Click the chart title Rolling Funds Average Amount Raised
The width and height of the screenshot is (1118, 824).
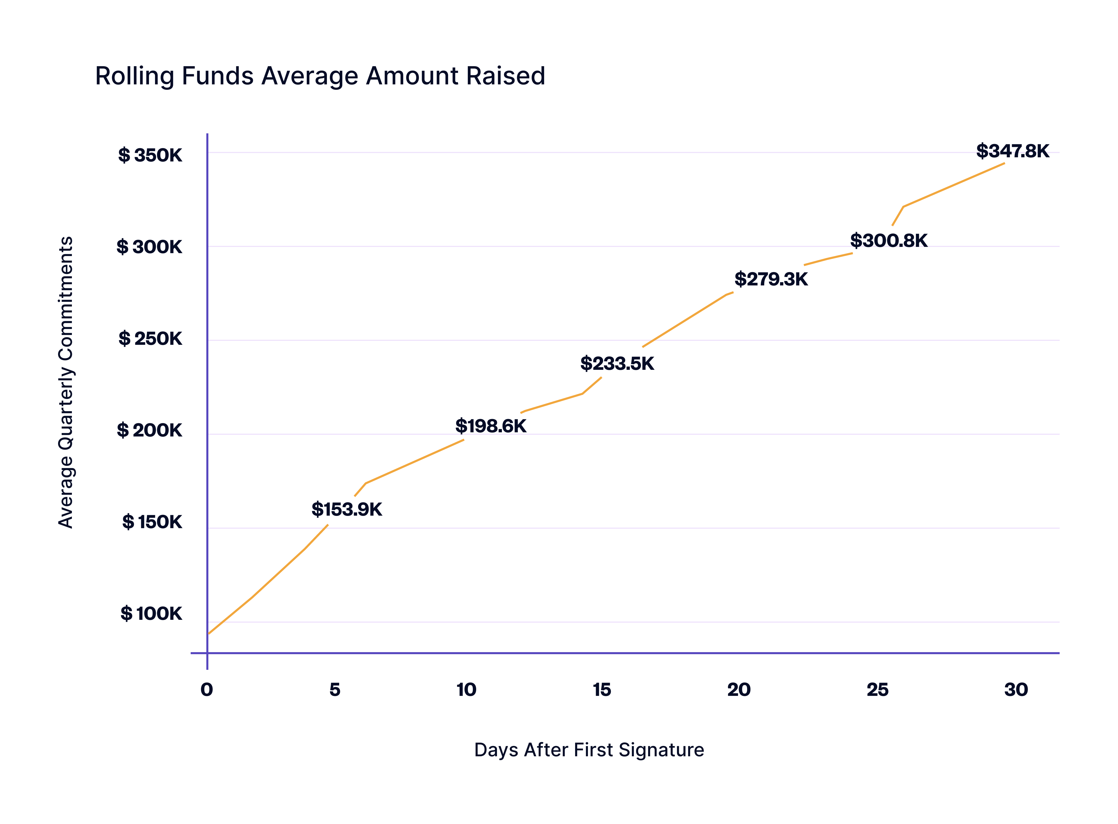320,76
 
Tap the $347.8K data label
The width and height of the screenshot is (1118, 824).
1012,151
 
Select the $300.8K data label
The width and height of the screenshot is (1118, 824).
889,241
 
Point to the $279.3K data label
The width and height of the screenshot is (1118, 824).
771,279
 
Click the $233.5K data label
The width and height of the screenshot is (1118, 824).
617,364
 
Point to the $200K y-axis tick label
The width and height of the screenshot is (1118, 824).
149,430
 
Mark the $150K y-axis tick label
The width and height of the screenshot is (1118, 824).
152,522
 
